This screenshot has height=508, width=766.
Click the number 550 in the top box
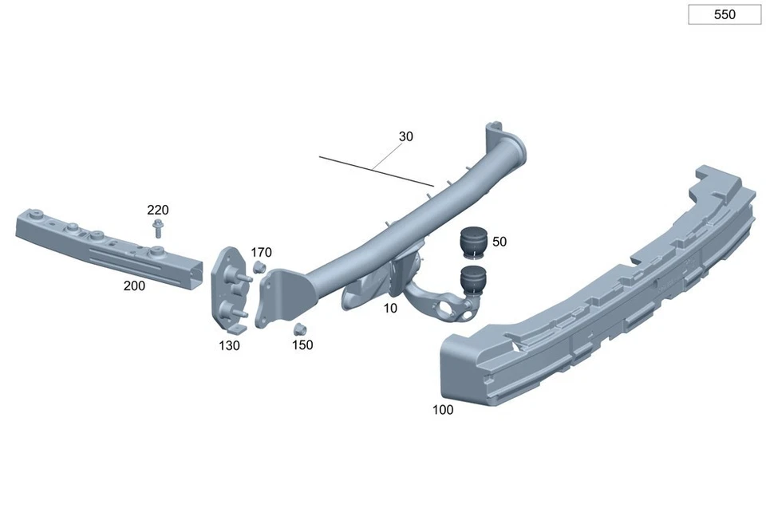(x=725, y=14)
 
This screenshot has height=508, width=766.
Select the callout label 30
(x=405, y=136)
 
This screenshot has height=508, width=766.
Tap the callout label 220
(x=158, y=210)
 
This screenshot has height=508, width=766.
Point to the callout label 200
(x=134, y=286)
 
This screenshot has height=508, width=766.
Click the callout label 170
(x=261, y=252)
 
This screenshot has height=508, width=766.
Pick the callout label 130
(x=229, y=345)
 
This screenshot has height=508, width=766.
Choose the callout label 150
(x=302, y=345)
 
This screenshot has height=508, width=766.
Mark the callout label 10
(x=389, y=308)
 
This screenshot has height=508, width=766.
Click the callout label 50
(x=499, y=242)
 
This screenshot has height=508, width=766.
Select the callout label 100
(x=442, y=410)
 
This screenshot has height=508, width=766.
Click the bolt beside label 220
(x=158, y=230)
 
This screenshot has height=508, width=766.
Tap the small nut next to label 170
(x=259, y=267)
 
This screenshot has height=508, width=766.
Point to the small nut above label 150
(x=300, y=329)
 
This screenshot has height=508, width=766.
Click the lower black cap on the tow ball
(x=473, y=282)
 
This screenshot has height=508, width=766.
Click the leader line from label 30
(x=375, y=168)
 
